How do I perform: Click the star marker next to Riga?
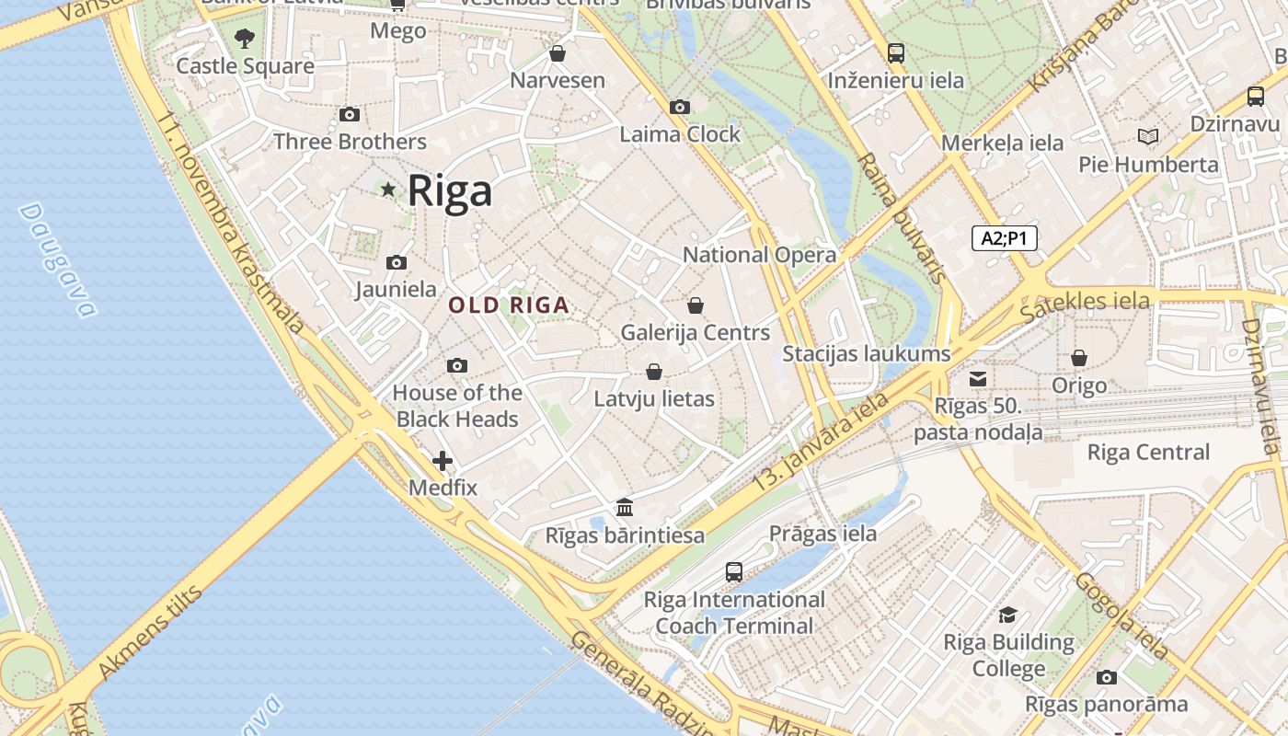(388, 190)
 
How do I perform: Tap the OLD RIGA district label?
(509, 305)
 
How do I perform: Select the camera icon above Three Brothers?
(350, 115)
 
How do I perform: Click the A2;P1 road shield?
(1005, 239)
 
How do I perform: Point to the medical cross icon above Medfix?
(443, 461)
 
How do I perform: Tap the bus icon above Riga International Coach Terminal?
(734, 572)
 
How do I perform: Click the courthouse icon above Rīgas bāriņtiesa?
(625, 508)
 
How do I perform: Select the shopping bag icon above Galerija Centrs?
(696, 305)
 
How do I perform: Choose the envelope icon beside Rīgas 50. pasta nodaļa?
(978, 379)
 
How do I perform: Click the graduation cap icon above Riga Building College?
(1008, 615)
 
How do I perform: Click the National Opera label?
(759, 255)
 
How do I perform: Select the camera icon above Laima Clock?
(680, 108)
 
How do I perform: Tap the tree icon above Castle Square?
(245, 39)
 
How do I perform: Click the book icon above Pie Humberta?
(1147, 137)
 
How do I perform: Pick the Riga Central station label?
(1148, 452)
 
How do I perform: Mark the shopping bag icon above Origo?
(1078, 358)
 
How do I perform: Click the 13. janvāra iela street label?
(820, 442)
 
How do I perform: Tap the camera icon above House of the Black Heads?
(457, 366)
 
